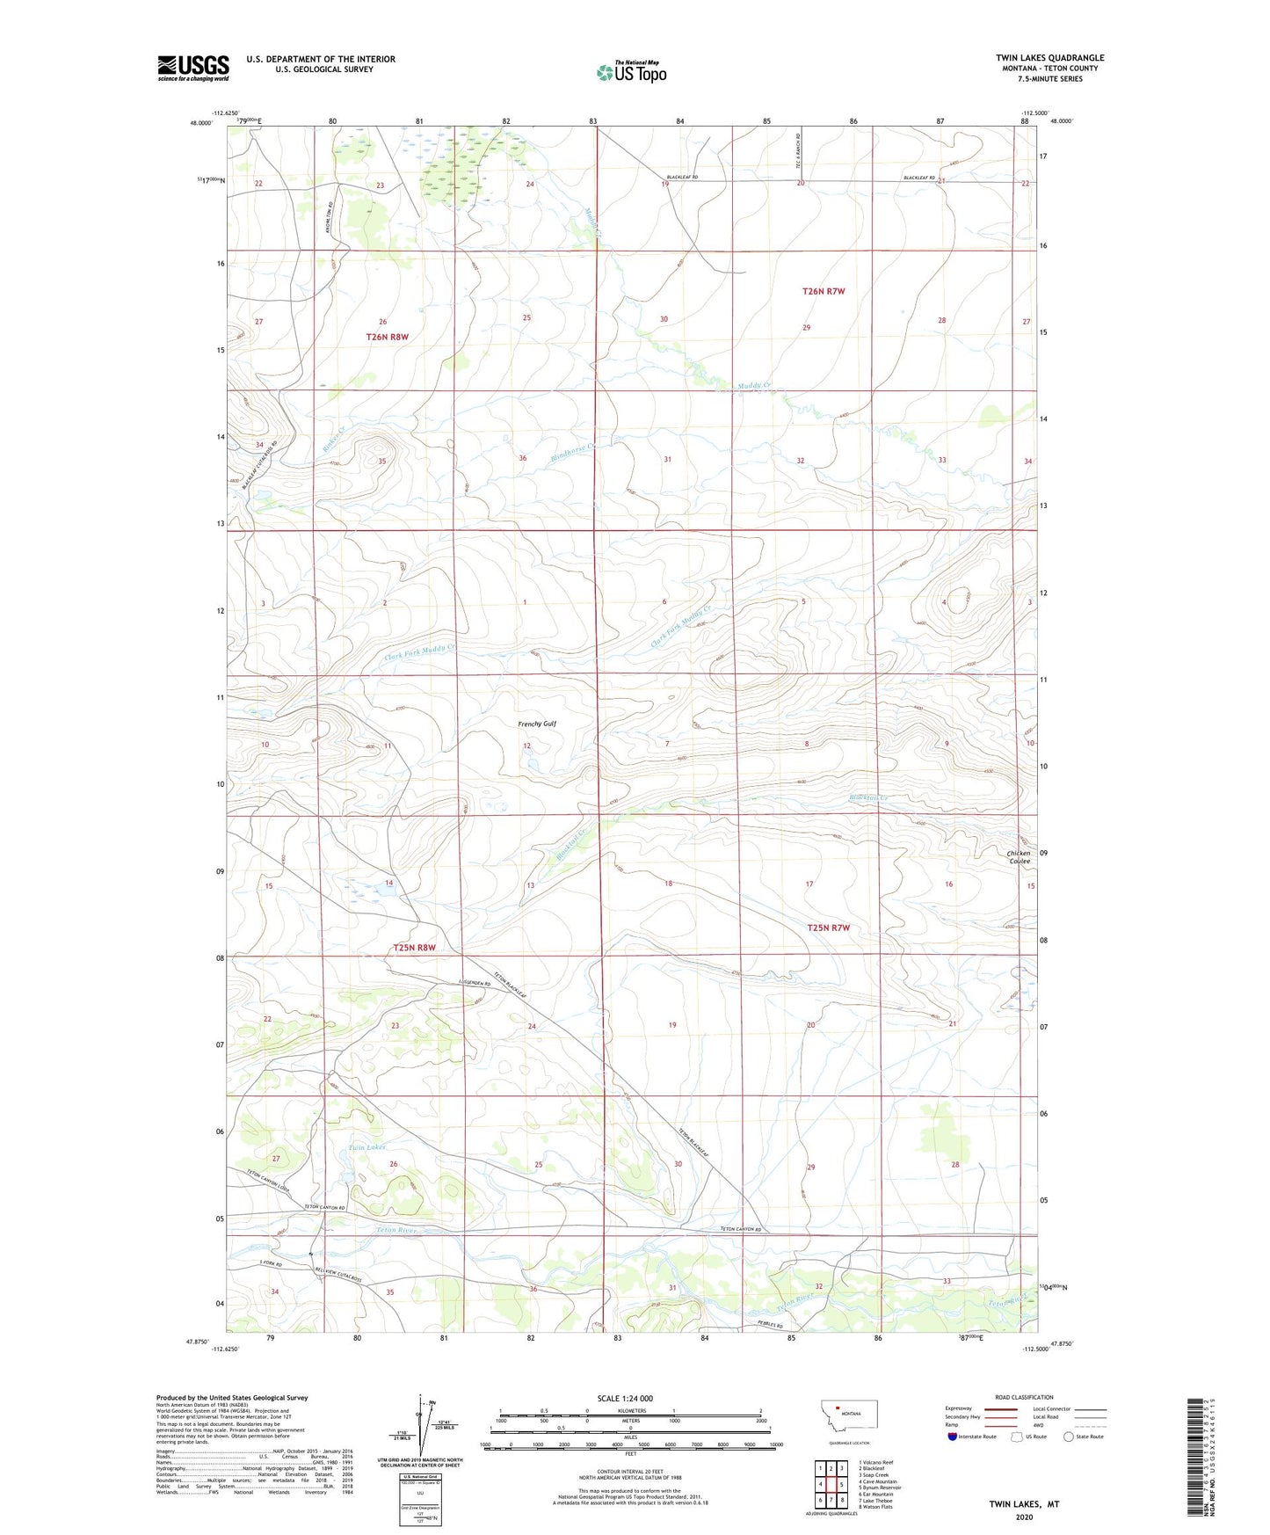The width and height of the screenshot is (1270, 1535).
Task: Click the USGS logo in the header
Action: tap(192, 68)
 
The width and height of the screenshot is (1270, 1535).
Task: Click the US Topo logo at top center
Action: tap(632, 72)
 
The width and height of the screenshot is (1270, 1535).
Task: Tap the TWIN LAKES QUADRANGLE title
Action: tap(1049, 58)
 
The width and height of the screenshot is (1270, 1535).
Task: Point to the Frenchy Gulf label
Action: tap(537, 724)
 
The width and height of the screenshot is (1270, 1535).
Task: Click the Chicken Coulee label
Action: tap(1019, 857)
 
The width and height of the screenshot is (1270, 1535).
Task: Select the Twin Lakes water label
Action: tap(366, 1147)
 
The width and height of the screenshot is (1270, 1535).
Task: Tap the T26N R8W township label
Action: tap(388, 337)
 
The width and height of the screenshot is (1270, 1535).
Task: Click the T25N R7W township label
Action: tap(828, 928)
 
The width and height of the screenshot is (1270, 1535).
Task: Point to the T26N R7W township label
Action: tap(824, 291)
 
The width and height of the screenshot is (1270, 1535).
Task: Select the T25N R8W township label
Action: tap(414, 948)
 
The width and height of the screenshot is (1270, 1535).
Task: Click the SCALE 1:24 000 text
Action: tap(625, 1398)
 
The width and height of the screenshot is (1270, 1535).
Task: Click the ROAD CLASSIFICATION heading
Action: tap(1023, 1397)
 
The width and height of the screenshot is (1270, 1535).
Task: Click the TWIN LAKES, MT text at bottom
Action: tap(1024, 1504)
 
